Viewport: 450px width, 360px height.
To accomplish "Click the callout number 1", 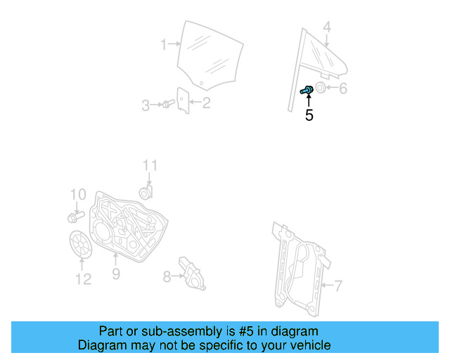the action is pos(163,45).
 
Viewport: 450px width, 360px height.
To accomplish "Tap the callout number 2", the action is pos(206,103).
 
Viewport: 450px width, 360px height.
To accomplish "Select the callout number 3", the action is pos(146,106).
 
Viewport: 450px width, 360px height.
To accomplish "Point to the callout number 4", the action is pos(326,28).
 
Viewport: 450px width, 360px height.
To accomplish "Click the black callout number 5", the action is pos(309,115).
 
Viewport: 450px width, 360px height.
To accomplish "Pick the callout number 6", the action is pos(343,89).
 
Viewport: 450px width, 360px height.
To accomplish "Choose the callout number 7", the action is pos(338,285).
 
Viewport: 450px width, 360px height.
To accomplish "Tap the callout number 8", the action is pos(167,277).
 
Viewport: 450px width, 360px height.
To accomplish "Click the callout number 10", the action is pos(77,194).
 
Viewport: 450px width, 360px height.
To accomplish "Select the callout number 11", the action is pos(150,166).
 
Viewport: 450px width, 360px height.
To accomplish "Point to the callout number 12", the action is pos(83,280).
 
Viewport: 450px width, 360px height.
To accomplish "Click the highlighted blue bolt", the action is pos(307,90).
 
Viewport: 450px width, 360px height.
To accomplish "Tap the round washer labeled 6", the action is pos(320,89).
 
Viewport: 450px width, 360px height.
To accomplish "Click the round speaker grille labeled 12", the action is pos(82,244).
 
